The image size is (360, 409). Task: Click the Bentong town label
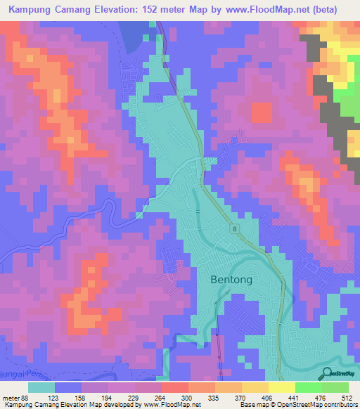(x=231, y=279)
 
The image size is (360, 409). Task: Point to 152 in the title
(x=153, y=10)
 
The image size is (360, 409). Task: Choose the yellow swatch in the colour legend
(x=281, y=387)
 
